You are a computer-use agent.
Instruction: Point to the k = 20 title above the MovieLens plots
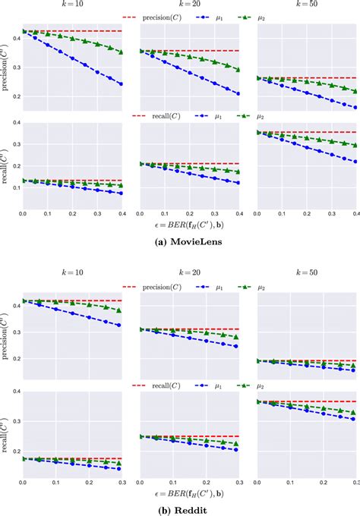[x=191, y=5]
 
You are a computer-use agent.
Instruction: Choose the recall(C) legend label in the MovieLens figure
[x=169, y=115]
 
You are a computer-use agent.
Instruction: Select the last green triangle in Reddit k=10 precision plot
[x=119, y=310]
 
